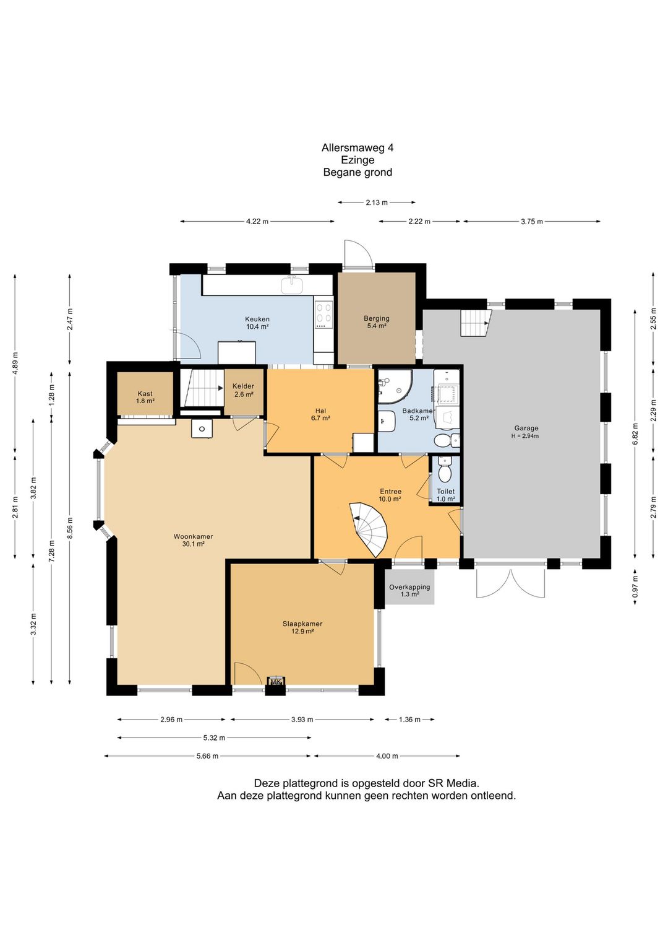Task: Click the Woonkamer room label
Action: point(193,537)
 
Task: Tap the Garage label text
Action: point(526,428)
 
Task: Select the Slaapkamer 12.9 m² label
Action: point(302,627)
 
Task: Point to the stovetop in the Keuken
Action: point(323,315)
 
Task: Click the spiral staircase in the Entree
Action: point(369,529)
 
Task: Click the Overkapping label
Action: point(409,587)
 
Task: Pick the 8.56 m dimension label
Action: point(70,528)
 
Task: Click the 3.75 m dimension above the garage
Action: point(531,222)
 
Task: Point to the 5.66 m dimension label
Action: point(207,756)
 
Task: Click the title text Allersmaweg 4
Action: point(358,147)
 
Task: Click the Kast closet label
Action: point(145,394)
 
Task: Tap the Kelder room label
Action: point(243,386)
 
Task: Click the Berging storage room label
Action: point(376,318)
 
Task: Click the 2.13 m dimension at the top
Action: point(376,202)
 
